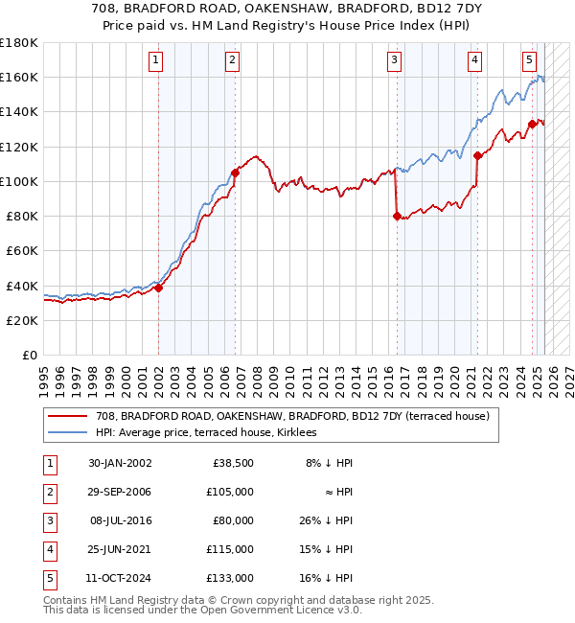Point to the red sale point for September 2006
point(235,173)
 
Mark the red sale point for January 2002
point(159,288)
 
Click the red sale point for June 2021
point(477,155)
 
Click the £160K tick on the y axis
point(19,77)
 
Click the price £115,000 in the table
point(231,549)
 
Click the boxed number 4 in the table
point(47,549)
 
